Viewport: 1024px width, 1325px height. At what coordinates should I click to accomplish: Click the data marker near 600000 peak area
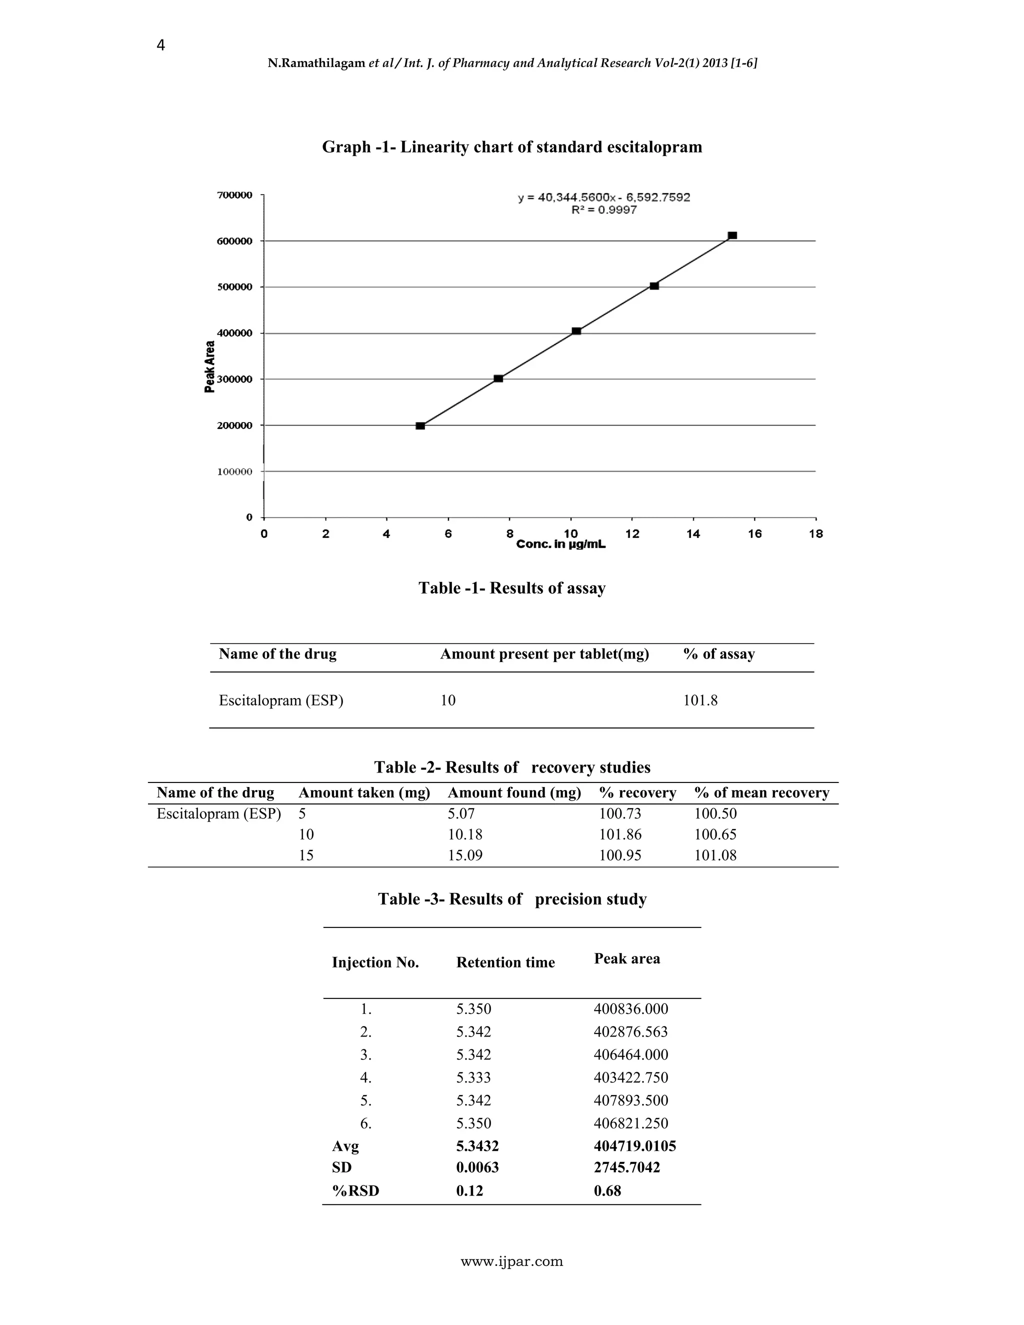pyautogui.click(x=732, y=235)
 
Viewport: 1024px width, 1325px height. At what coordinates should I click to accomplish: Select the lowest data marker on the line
pyautogui.click(x=420, y=426)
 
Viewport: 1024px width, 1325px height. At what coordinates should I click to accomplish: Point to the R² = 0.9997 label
pyautogui.click(x=603, y=210)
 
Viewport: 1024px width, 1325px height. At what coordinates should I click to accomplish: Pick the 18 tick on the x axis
pyautogui.click(x=816, y=534)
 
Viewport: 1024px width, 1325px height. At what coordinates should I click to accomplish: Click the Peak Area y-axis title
pyautogui.click(x=210, y=367)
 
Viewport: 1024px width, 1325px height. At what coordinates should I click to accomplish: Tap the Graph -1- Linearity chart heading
pyautogui.click(x=512, y=147)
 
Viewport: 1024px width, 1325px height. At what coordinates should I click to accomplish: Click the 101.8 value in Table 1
pyautogui.click(x=700, y=700)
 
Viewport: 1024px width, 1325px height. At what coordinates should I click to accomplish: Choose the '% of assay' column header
pyautogui.click(x=719, y=654)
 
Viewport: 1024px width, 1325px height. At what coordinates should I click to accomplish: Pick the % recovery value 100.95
pyautogui.click(x=620, y=855)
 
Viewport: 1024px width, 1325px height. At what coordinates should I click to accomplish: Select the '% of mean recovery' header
pyautogui.click(x=761, y=793)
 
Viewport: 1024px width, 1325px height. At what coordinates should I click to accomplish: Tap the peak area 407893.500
pyautogui.click(x=631, y=1100)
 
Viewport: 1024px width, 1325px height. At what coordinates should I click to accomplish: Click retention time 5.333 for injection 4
pyautogui.click(x=474, y=1077)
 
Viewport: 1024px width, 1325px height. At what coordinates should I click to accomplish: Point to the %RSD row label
pyautogui.click(x=355, y=1191)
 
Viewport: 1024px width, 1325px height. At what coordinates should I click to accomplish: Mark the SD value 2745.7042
pyautogui.click(x=626, y=1167)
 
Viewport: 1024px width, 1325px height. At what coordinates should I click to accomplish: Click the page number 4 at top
pyautogui.click(x=161, y=45)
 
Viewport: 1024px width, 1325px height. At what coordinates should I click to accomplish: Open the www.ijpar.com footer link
pyautogui.click(x=512, y=1262)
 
